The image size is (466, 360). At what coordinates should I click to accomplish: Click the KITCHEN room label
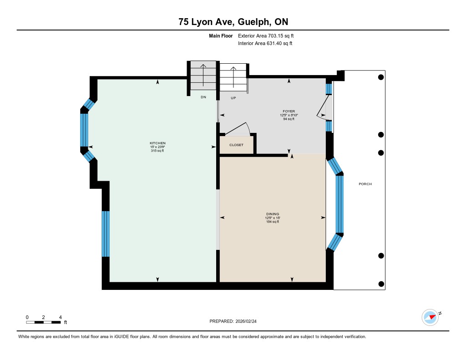pos(157,143)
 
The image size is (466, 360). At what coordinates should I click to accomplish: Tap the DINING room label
pos(273,214)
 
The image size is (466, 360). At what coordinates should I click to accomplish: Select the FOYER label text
pos(289,111)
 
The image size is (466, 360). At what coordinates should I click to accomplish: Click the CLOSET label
pos(236,145)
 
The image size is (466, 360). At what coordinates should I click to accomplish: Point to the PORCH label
pos(365,184)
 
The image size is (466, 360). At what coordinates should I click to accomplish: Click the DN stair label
pos(203,97)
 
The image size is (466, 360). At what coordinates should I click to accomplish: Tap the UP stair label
pos(233,98)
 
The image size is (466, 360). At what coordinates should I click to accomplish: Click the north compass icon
pos(431,318)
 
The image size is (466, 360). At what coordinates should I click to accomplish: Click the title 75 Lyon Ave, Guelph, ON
pos(233,22)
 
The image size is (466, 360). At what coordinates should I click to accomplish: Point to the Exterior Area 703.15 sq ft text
pos(266,36)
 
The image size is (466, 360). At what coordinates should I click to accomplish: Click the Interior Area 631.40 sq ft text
pos(265,43)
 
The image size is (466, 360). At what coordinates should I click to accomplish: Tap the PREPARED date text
pos(233,321)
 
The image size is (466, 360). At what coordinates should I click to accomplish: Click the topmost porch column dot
pos(381,77)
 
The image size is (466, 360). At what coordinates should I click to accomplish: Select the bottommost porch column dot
pos(381,284)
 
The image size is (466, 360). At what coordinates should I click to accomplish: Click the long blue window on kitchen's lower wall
pos(106,233)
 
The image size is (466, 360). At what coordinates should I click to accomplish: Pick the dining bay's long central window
pos(339,204)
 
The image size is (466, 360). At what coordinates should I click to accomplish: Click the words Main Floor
pos(221,36)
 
